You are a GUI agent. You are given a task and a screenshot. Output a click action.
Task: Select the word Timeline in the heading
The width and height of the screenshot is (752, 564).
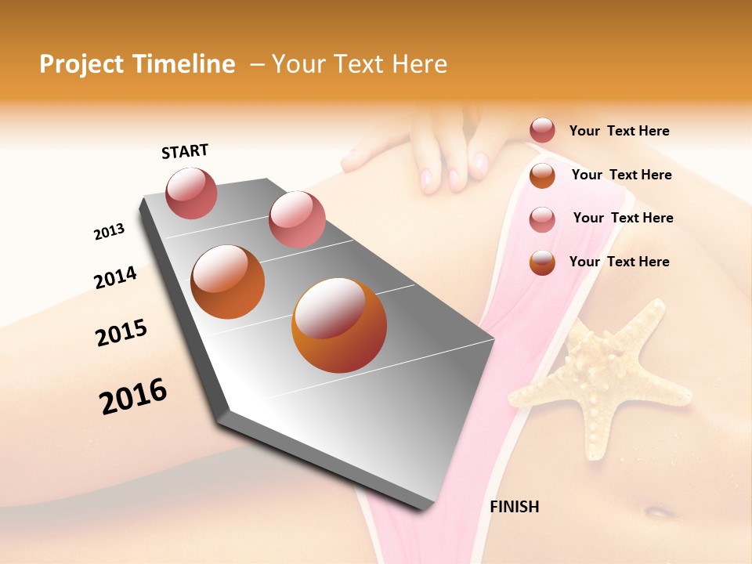tap(185, 64)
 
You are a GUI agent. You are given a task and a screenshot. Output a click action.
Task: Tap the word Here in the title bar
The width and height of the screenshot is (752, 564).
tap(419, 64)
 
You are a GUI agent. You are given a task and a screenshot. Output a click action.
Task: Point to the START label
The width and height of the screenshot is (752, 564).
tap(185, 151)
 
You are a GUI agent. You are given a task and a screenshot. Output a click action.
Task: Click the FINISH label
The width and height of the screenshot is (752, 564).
tap(514, 507)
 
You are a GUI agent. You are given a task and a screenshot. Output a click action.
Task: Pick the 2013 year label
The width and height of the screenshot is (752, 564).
tap(109, 232)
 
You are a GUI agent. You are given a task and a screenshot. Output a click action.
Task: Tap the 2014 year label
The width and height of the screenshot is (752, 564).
tap(115, 277)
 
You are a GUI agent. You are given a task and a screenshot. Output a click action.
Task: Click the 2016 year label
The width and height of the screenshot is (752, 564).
tap(133, 396)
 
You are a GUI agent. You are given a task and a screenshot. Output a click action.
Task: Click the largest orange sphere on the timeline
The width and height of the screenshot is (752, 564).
tap(339, 325)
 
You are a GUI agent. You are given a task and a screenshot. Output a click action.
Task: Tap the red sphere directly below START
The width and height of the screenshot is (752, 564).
tap(191, 193)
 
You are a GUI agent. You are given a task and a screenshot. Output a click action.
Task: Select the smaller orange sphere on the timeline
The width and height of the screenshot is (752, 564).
tap(228, 282)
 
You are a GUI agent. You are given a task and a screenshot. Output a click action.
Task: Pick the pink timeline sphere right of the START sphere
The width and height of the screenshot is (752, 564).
tap(297, 219)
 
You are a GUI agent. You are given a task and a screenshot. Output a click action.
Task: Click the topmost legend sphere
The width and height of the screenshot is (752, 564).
tap(542, 131)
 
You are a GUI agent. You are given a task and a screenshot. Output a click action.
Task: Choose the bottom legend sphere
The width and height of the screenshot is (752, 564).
tap(542, 262)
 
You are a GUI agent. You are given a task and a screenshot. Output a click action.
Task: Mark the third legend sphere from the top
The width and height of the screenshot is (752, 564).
tap(542, 219)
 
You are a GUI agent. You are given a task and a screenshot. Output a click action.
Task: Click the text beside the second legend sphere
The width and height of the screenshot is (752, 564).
tap(621, 175)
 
